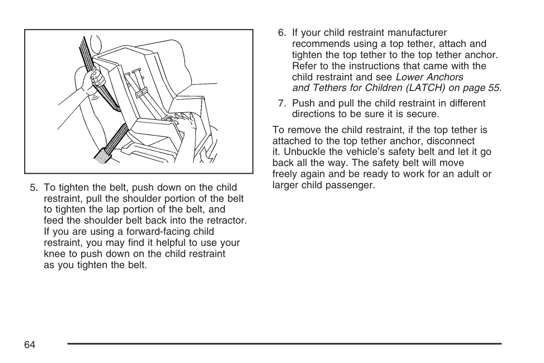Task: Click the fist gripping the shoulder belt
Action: [96, 79]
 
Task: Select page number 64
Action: [30, 344]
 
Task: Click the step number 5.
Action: [33, 187]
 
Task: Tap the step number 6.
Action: [281, 33]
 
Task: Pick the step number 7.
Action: [281, 103]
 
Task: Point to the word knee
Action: [54, 254]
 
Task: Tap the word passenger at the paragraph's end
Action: [353, 185]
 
